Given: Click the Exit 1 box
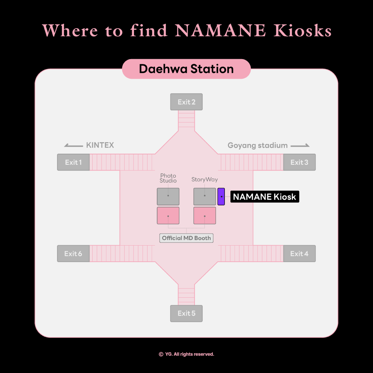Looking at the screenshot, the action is [x=73, y=162].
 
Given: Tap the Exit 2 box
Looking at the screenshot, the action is [x=186, y=102].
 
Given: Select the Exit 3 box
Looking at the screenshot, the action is [x=299, y=162].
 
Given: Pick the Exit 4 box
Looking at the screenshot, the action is [x=299, y=254].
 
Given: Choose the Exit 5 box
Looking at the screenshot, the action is [x=186, y=314].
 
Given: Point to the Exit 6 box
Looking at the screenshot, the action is [x=73, y=254].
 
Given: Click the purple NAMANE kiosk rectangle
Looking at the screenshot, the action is [x=221, y=197].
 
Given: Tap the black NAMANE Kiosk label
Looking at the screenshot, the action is [x=265, y=197].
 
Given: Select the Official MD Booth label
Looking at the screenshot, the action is [x=186, y=238].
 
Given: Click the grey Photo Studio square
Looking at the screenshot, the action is [x=168, y=197].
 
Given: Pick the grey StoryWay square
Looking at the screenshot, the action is [x=204, y=197].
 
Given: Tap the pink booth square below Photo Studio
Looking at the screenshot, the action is [x=168, y=216].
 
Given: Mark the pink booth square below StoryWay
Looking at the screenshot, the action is [x=204, y=216].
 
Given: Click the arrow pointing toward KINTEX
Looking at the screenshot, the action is [x=74, y=145].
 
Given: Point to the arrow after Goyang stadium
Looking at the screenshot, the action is [x=300, y=145].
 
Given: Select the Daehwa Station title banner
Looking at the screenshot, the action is [x=186, y=69].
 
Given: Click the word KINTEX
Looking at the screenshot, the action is [x=100, y=145].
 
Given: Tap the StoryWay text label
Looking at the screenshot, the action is [x=204, y=180].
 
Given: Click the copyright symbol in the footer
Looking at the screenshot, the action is [x=161, y=354].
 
